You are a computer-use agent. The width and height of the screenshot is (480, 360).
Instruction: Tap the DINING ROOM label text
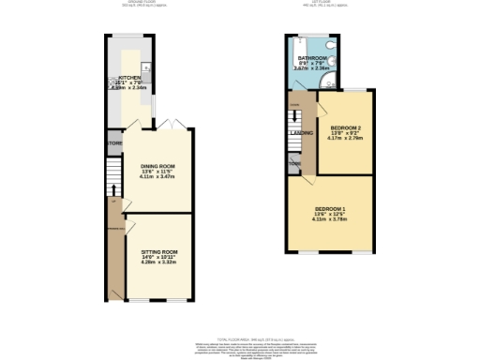pyautogui.click(x=158, y=166)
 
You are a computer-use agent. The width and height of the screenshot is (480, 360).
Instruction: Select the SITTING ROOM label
pyautogui.click(x=159, y=252)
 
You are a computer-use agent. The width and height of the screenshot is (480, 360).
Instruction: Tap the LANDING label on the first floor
pyautogui.click(x=302, y=132)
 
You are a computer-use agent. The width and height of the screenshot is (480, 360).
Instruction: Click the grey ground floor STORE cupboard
pyautogui.click(x=114, y=143)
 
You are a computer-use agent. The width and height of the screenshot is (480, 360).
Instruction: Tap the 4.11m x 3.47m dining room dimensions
pyautogui.click(x=158, y=177)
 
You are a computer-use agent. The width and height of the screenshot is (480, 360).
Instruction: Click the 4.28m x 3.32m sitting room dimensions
pyautogui.click(x=159, y=263)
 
